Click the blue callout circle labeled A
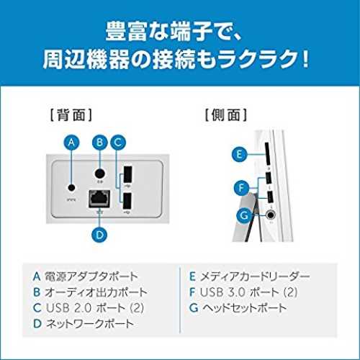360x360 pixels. coord(71,143)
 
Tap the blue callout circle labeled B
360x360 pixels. coord(100,143)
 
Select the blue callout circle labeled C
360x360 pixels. coord(118,143)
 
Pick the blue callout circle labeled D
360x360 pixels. coord(99,235)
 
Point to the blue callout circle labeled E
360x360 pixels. coord(239,154)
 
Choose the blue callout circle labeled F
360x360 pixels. coord(241,188)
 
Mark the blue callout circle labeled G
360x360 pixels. coord(244,215)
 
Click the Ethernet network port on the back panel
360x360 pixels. coord(99,199)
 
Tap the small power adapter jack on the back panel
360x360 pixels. coord(71,187)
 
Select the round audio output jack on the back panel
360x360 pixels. coord(99,174)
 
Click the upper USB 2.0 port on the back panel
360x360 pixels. coord(127,175)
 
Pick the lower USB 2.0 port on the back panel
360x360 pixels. coord(127,201)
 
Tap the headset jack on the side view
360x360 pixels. coord(271,215)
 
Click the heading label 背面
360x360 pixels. coord(71,115)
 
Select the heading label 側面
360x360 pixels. coord(225,115)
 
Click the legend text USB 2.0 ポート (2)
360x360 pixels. coord(95,308)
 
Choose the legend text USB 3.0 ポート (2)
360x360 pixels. coord(248,292)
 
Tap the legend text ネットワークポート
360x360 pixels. coord(90,324)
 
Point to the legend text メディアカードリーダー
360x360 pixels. coord(255,276)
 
